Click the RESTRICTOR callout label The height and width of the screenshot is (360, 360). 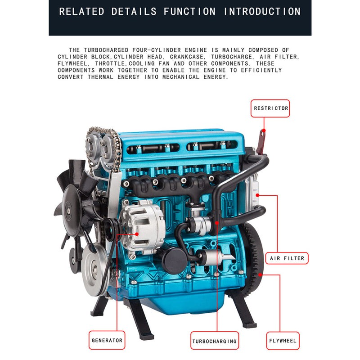pyautogui.click(x=270, y=108)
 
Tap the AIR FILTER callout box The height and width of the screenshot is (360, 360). pyautogui.click(x=287, y=258)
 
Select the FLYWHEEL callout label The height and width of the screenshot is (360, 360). pyautogui.click(x=283, y=341)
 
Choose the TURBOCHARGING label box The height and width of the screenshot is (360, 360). pyautogui.click(x=214, y=341)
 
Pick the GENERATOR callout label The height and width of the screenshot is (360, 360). pyautogui.click(x=107, y=341)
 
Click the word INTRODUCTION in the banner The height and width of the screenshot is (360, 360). pyautogui.click(x=262, y=11)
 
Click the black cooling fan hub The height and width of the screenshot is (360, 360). pyautogui.click(x=68, y=209)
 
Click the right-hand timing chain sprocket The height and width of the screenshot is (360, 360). pyautogui.click(x=108, y=145)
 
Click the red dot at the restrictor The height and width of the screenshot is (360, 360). pyautogui.click(x=264, y=130)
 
